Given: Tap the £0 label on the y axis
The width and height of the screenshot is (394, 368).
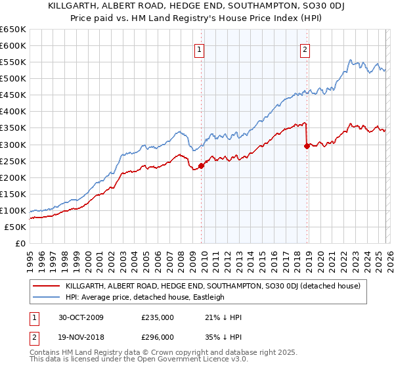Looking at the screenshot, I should (x=20, y=243).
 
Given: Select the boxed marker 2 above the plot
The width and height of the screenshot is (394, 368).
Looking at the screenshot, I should (x=305, y=48).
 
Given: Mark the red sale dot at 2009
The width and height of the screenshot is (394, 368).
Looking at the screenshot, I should (x=202, y=166).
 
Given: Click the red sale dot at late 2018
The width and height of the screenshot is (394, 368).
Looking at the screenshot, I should (x=307, y=146).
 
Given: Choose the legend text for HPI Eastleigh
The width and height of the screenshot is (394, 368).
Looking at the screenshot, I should (x=145, y=297).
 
